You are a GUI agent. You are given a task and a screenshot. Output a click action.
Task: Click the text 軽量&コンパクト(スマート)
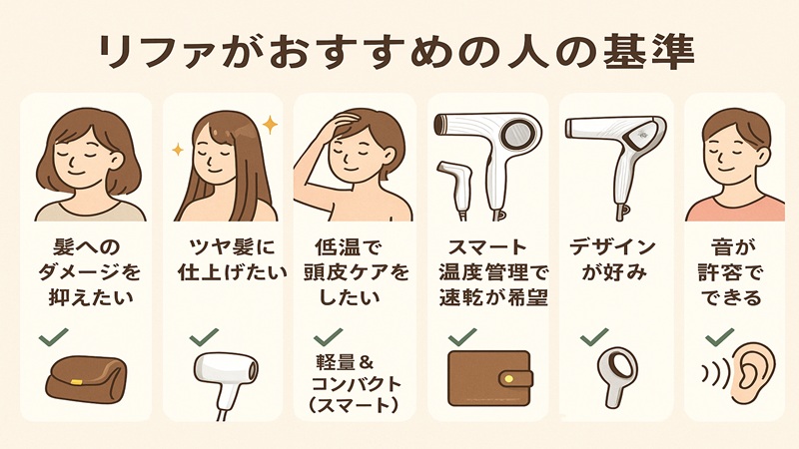[355, 383]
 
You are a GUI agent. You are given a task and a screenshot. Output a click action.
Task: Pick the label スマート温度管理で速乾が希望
[488, 270]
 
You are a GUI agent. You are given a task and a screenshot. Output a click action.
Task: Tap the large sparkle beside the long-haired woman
[269, 124]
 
